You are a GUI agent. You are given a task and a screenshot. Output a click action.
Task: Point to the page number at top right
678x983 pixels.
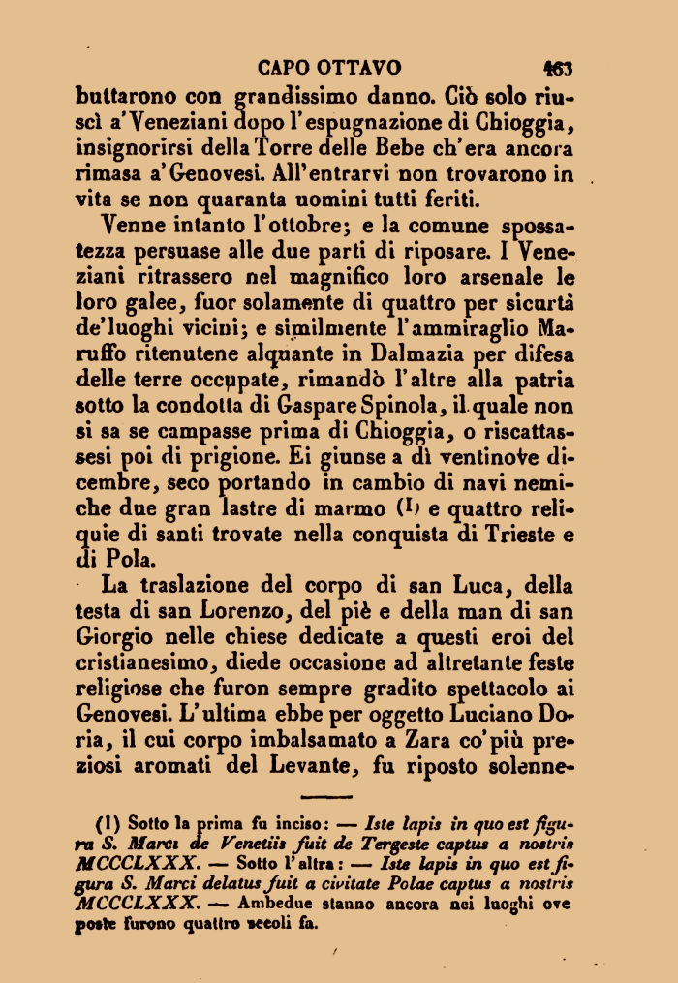(558, 69)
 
